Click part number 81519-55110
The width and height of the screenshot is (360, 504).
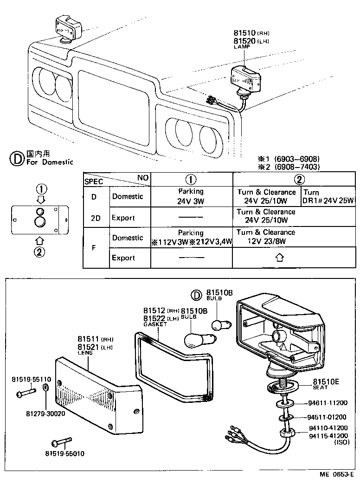(x=32, y=379)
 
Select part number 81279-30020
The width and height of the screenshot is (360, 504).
(x=45, y=414)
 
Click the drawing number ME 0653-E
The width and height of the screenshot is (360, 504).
(x=336, y=474)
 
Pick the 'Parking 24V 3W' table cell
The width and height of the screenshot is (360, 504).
(x=191, y=196)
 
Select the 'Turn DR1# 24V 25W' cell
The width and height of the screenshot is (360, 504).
(x=329, y=196)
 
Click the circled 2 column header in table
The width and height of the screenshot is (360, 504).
(x=300, y=180)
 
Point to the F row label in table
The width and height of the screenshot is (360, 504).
(x=94, y=247)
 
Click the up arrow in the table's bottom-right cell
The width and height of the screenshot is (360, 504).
(x=279, y=258)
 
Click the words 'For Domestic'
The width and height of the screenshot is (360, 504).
(x=50, y=162)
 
